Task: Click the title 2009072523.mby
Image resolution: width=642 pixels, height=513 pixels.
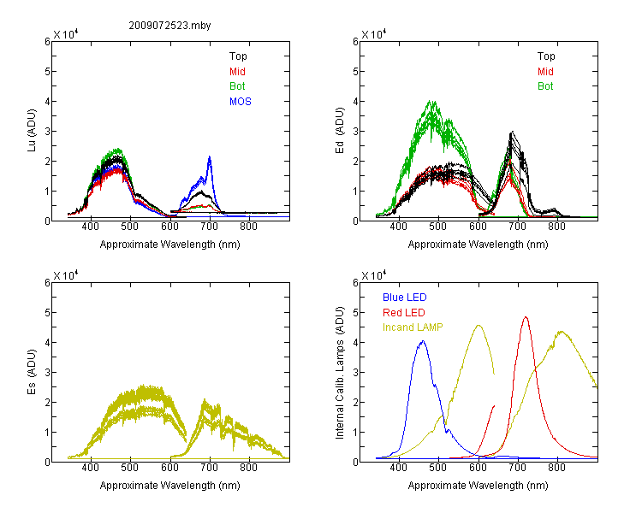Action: [x=169, y=26]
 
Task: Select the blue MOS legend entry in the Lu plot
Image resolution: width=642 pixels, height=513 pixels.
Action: [x=240, y=102]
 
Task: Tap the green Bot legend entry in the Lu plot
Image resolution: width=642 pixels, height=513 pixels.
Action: [x=237, y=86]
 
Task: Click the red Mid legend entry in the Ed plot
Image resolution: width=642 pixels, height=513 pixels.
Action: [x=545, y=72]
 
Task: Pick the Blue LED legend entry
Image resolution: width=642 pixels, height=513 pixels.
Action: [x=405, y=298]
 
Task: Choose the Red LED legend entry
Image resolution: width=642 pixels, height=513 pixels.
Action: [x=404, y=313]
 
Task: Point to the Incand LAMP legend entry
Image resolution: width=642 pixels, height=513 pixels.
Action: [x=413, y=327]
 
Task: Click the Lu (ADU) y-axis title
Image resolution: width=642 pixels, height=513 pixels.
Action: [x=32, y=131]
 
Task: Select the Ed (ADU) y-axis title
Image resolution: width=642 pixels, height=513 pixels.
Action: [x=340, y=131]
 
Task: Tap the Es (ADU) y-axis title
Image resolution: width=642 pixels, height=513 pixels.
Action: [x=32, y=372]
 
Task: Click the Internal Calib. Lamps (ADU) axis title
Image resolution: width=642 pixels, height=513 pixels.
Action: [x=340, y=373]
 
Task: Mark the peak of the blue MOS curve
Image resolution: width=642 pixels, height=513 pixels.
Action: [x=210, y=156]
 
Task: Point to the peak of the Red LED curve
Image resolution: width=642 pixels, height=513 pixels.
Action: [x=526, y=316]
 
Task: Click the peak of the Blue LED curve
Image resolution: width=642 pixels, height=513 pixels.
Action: [x=423, y=341]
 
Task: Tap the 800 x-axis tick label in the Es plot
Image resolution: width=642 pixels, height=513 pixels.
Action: [x=248, y=468]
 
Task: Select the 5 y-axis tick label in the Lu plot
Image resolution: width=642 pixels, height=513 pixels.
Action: [x=47, y=72]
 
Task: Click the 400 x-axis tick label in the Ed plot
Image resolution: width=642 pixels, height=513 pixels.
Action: [x=398, y=227]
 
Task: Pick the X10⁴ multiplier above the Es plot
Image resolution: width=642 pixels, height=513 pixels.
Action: [x=66, y=275]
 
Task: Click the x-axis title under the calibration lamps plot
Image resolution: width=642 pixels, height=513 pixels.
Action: [x=478, y=486]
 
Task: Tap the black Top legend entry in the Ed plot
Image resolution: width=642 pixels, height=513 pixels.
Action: [x=546, y=56]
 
